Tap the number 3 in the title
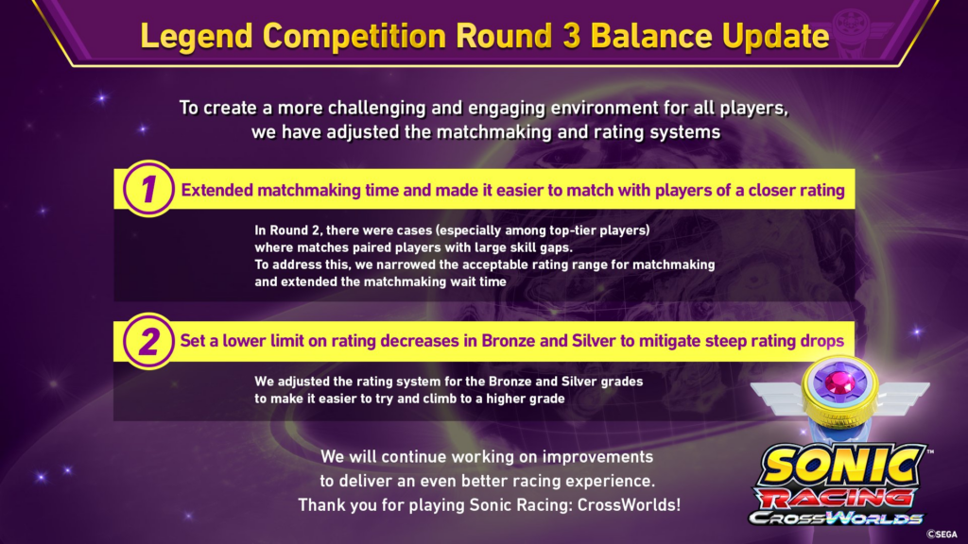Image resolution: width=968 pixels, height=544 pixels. point(571,36)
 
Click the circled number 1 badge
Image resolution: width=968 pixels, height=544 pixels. point(148,188)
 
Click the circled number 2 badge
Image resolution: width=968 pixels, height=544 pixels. point(148,341)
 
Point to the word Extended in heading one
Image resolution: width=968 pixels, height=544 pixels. point(216,190)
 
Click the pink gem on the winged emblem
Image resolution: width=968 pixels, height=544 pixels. point(839,382)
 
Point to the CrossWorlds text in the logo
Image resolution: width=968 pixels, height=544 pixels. point(837,518)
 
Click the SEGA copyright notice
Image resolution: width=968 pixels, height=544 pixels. point(942,535)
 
